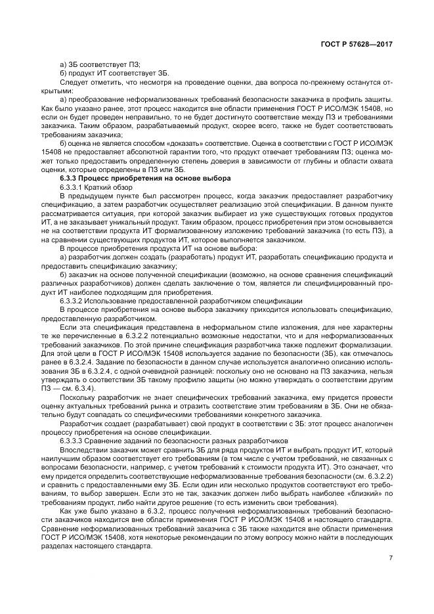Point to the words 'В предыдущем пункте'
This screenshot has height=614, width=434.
click(x=95, y=196)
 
